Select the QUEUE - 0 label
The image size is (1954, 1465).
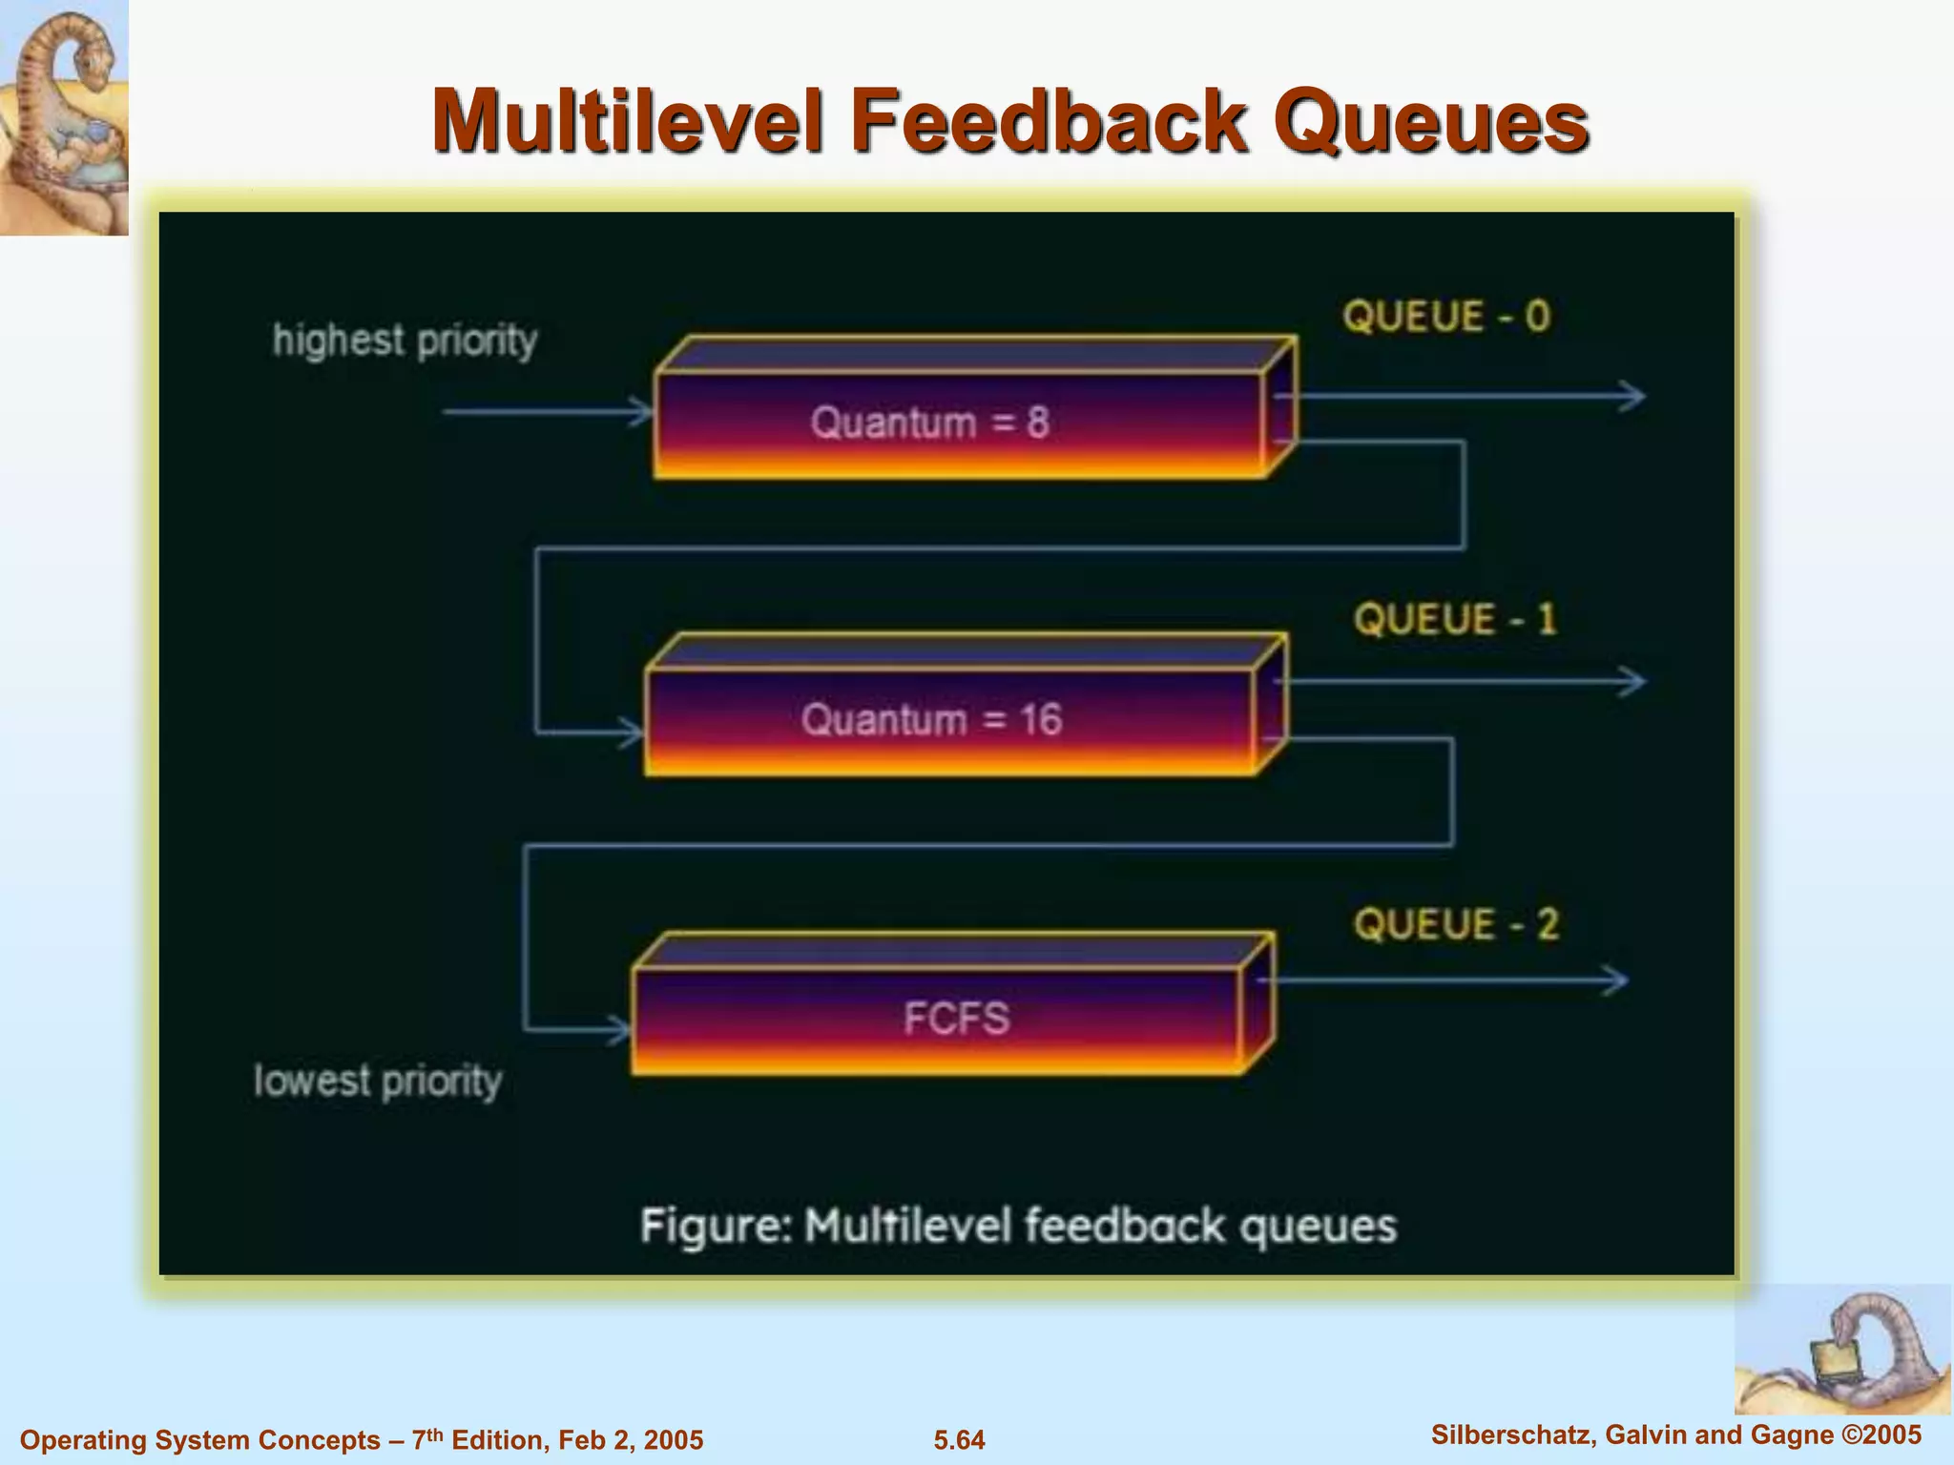(x=1446, y=317)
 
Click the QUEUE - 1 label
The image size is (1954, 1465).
(x=1455, y=620)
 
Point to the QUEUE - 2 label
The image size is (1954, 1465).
(x=1456, y=925)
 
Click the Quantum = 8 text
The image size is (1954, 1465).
(x=930, y=423)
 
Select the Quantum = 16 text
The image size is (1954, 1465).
(x=931, y=719)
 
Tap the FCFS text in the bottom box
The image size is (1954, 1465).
(x=956, y=1018)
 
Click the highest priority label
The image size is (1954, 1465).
(x=405, y=340)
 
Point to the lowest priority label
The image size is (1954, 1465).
(x=378, y=1081)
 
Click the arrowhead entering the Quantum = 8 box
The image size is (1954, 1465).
(x=641, y=412)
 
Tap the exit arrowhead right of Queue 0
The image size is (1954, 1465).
(x=1633, y=396)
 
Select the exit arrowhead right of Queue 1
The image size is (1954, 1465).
(x=1633, y=681)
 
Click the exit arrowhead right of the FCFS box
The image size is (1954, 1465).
(x=1615, y=980)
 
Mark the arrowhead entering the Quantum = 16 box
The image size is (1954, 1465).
(x=633, y=733)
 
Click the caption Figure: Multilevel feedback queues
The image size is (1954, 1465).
(x=1018, y=1227)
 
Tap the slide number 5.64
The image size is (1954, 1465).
(x=959, y=1439)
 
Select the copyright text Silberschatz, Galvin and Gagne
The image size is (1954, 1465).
(x=1632, y=1434)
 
